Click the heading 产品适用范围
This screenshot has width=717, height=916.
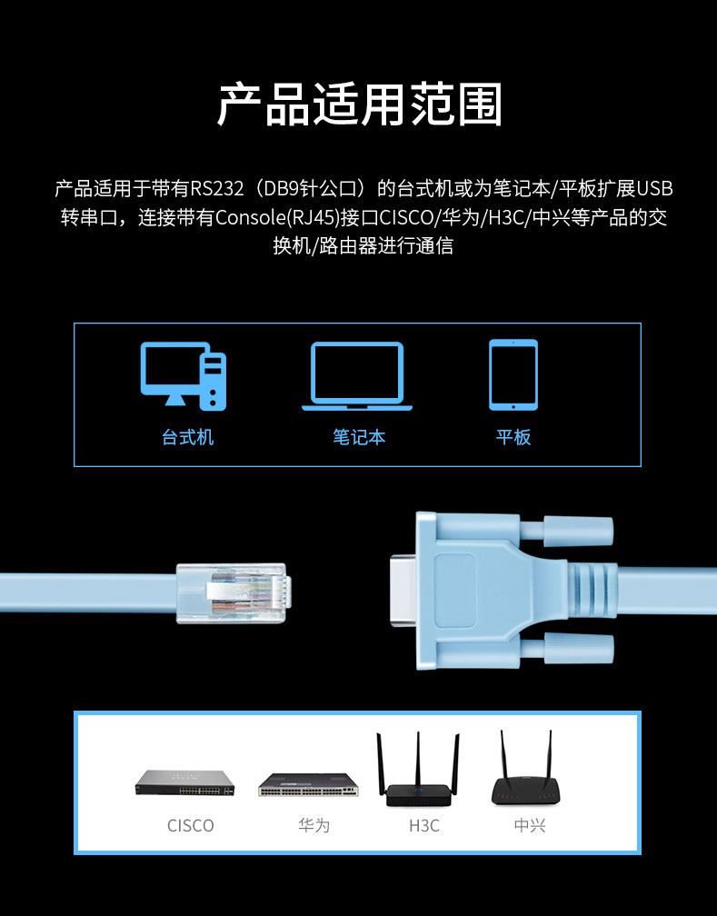point(359,105)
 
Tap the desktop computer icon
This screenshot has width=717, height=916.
point(183,376)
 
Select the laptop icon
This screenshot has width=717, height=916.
point(357,376)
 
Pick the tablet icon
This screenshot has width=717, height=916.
point(513,375)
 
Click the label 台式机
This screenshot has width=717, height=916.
point(187,437)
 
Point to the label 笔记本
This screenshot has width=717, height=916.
point(359,437)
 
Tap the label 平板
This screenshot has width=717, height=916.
point(513,437)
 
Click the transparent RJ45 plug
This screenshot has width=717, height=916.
point(234,592)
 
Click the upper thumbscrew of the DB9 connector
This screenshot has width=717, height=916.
point(578,532)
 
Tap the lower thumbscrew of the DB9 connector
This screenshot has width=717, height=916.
point(579,649)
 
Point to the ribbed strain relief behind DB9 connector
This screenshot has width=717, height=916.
point(593,591)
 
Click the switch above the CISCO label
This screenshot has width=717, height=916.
point(184,782)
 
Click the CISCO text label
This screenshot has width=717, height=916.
point(191,825)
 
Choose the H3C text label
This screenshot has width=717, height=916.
point(424,825)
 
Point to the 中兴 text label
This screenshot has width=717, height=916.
point(530,825)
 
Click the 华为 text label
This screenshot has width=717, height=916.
point(314,825)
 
